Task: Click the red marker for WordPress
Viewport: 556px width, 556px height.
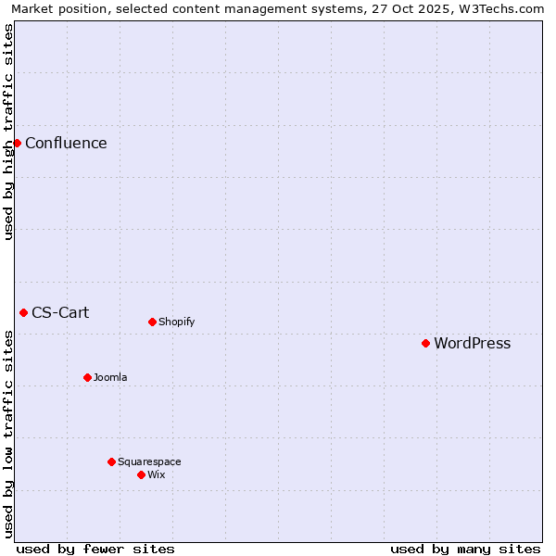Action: [x=425, y=343]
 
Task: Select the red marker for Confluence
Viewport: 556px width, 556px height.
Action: [x=17, y=143]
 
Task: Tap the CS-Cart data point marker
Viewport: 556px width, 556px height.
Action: [x=23, y=312]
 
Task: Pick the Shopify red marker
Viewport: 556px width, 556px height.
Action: [x=152, y=322]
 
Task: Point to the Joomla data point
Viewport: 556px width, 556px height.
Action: [x=87, y=377]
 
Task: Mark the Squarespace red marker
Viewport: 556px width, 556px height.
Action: [x=111, y=461]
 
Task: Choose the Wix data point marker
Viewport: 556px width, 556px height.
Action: [x=141, y=474]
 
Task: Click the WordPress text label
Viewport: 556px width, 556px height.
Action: [x=472, y=344]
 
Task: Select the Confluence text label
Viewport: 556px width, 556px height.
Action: [x=66, y=144]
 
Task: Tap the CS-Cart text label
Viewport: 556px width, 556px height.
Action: [x=60, y=313]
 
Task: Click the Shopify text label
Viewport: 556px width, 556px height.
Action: [x=176, y=322]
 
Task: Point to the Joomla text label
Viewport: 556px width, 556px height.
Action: [x=110, y=378]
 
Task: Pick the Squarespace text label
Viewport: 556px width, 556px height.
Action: [x=149, y=462]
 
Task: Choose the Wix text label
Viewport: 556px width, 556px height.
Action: [x=156, y=475]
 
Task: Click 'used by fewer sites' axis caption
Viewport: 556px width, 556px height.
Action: [x=95, y=549]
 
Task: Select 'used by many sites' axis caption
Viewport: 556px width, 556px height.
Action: [x=465, y=549]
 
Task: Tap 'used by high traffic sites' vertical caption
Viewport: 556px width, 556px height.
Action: [x=8, y=132]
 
